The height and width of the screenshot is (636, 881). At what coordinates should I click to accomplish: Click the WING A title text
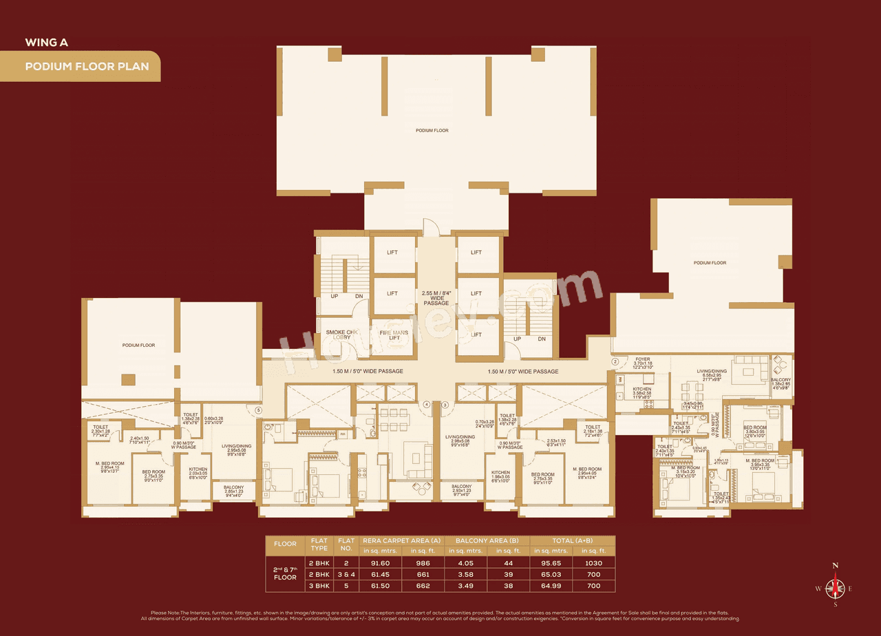(46, 42)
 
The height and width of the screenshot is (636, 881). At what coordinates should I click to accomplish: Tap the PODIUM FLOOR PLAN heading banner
(80, 67)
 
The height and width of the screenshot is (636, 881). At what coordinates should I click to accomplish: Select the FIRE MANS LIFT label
(394, 335)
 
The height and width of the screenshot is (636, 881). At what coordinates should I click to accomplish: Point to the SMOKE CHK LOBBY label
(342, 335)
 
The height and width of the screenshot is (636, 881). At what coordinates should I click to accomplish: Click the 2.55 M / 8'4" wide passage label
(436, 298)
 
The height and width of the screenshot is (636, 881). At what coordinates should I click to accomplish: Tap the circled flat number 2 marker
(615, 361)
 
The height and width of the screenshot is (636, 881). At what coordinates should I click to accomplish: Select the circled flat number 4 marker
(427, 405)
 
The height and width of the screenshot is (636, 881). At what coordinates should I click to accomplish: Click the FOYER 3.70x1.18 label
(642, 363)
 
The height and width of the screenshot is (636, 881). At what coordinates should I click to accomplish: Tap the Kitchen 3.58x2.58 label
(641, 393)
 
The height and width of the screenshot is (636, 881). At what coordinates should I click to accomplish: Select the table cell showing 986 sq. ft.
(423, 563)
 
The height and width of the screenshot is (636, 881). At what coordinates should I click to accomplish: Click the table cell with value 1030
(594, 563)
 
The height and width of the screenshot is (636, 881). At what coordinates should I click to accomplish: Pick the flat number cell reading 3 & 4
(345, 575)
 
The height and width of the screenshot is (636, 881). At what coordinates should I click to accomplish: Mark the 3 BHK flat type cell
(319, 586)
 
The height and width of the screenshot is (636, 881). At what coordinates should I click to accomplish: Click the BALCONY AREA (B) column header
(487, 540)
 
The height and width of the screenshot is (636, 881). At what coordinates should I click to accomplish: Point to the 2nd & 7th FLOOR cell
(285, 574)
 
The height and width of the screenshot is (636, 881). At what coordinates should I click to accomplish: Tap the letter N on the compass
(836, 566)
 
